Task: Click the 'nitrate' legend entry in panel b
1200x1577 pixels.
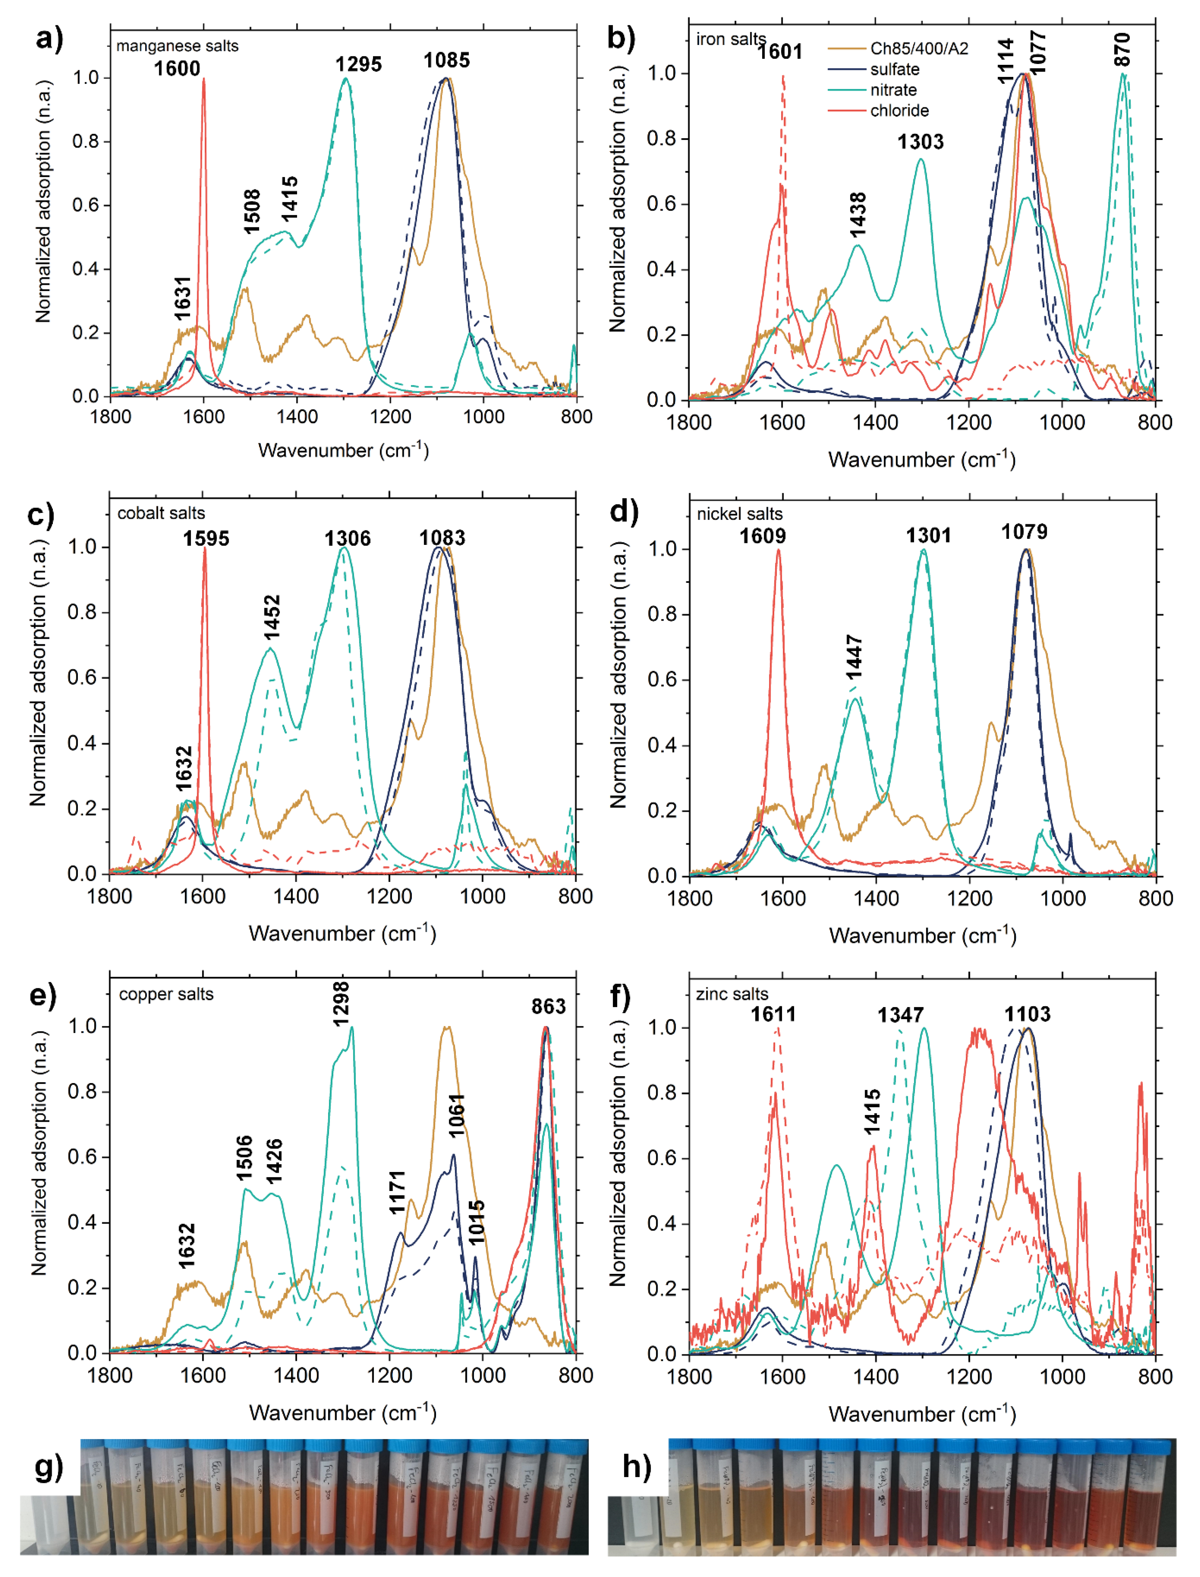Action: pyautogui.click(x=893, y=90)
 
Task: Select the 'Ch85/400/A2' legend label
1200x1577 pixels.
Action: pyautogui.click(x=918, y=48)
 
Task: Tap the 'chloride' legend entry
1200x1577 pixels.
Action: pyautogui.click(x=898, y=111)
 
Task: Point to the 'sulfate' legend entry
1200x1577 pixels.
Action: pyautogui.click(x=894, y=69)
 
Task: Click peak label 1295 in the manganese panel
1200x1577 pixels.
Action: pyautogui.click(x=358, y=64)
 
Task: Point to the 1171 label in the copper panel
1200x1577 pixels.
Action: pyautogui.click(x=397, y=1192)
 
